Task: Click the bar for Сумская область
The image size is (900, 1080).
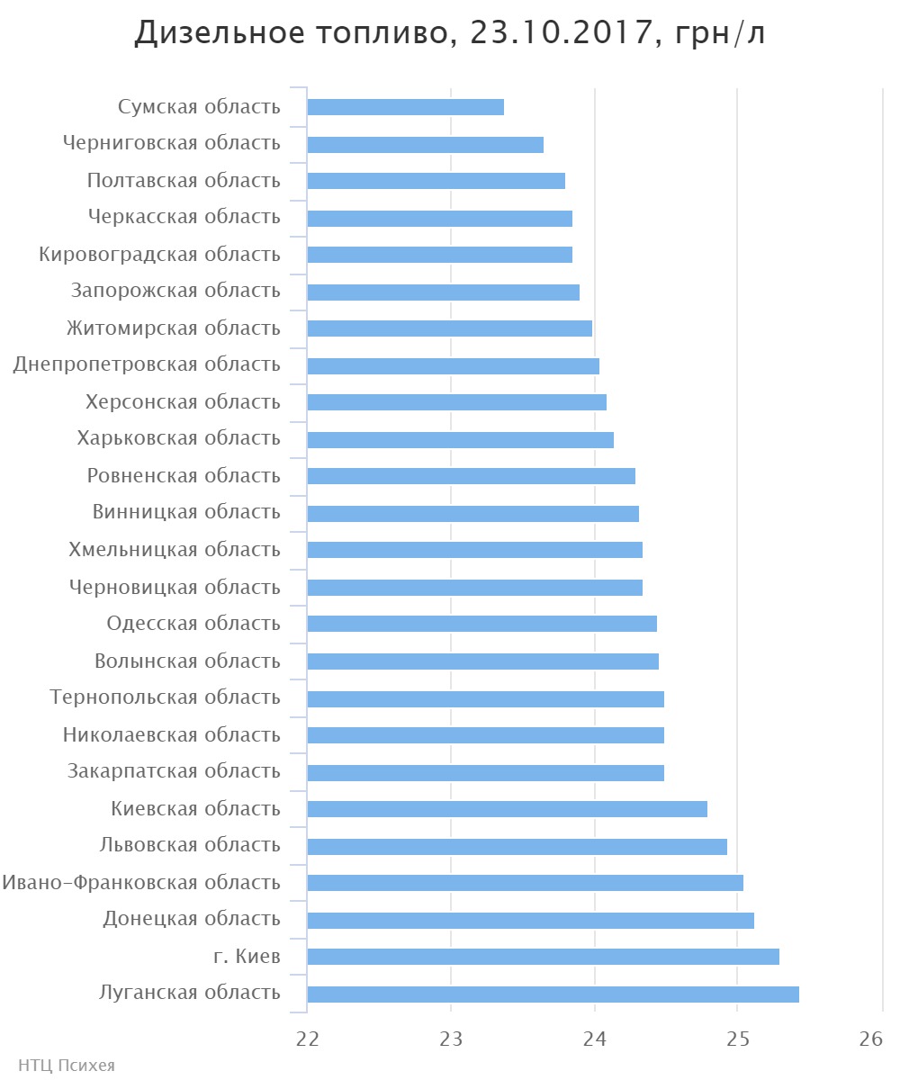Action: click(x=405, y=107)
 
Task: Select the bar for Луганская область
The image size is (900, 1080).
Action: click(x=553, y=994)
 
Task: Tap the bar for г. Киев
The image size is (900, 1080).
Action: click(x=543, y=957)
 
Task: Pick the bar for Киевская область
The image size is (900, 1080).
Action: click(x=507, y=809)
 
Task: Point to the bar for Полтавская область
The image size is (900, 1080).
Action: click(x=436, y=181)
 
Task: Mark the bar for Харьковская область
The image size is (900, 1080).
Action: click(x=460, y=440)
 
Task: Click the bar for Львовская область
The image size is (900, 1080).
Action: click(x=517, y=846)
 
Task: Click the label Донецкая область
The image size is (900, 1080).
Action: click(x=191, y=919)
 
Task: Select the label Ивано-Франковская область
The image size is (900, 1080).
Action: click(x=141, y=882)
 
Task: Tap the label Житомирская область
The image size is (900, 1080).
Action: click(x=174, y=328)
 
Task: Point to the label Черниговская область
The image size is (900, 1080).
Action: click(x=172, y=143)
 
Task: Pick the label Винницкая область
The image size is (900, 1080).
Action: click(x=186, y=512)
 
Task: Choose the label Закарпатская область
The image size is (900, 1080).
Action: click(x=174, y=771)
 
